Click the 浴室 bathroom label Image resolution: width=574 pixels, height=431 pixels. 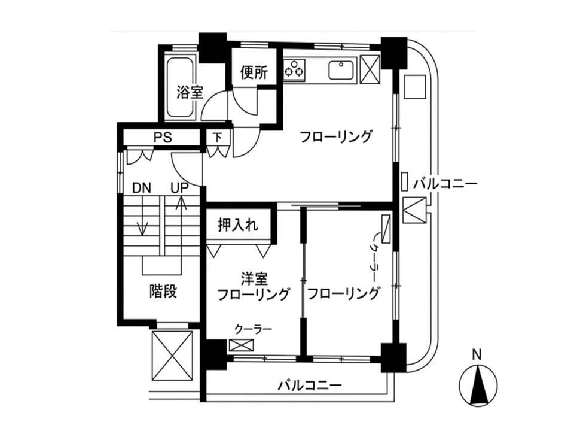coord(190,92)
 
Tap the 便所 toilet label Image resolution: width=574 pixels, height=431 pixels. coord(254,72)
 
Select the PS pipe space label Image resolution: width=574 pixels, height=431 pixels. coord(163,138)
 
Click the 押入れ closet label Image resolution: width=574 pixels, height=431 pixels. coord(238,224)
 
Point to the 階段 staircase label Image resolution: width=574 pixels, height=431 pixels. coord(163,292)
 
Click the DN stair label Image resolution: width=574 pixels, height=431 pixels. coord(142,188)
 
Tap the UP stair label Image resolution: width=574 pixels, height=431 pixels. coord(180,188)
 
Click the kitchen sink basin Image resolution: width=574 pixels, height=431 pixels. coord(341,70)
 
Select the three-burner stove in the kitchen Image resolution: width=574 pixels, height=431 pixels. coord(294,69)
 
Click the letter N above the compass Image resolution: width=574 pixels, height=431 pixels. coord(477,355)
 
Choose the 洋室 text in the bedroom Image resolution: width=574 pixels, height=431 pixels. coord(254,280)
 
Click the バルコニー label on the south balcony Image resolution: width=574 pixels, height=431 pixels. coord(310,385)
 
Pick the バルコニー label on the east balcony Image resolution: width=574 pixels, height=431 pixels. coord(445,183)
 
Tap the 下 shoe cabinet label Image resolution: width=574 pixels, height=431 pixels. coord(218,137)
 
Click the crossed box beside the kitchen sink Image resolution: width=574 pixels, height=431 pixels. coord(370,69)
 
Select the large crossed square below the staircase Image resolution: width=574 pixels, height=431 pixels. coord(172,356)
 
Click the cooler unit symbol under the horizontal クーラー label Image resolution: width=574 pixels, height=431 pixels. coord(241,345)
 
